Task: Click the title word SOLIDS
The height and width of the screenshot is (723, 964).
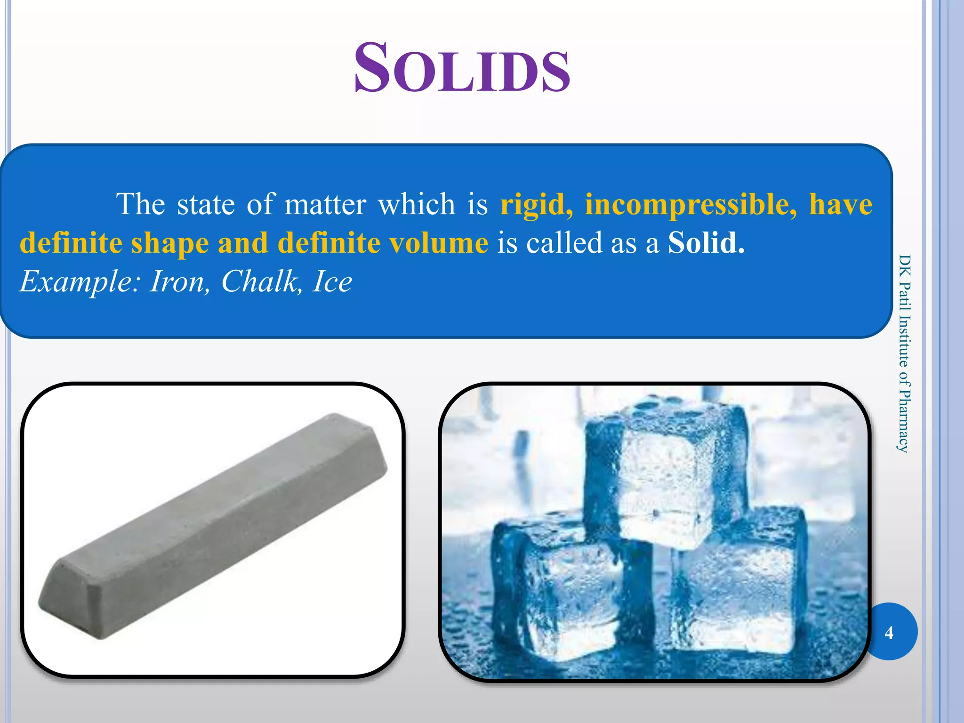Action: (x=462, y=69)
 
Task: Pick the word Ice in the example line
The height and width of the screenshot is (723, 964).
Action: (x=332, y=281)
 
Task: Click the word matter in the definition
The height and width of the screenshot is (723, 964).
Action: (x=325, y=204)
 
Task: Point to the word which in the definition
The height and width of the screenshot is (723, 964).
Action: (x=417, y=204)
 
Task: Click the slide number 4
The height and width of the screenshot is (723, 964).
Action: (x=889, y=632)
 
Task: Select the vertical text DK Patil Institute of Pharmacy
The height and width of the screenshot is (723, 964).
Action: (x=904, y=353)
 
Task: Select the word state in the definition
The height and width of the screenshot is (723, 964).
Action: (x=206, y=204)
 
